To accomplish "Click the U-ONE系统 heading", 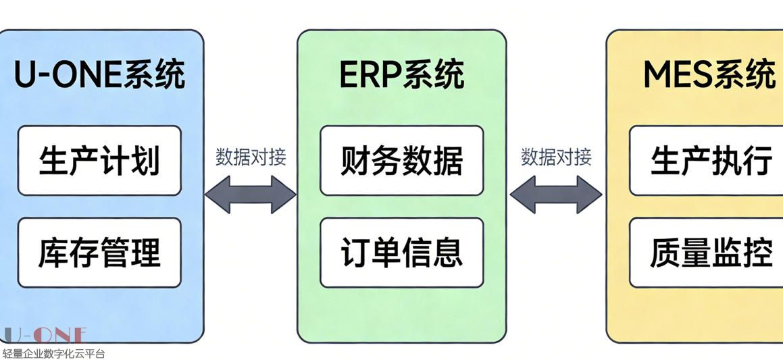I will click(x=100, y=74).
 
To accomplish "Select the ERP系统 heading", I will click(x=402, y=74).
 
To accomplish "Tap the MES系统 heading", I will click(x=709, y=74).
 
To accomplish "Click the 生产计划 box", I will click(x=99, y=161).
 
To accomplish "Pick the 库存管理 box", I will click(x=99, y=252).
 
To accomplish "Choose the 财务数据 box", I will click(x=402, y=161).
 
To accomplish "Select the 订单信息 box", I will click(x=402, y=252).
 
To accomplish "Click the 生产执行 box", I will click(x=707, y=161).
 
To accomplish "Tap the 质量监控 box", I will click(x=707, y=252).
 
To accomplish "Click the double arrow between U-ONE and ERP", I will click(x=251, y=195).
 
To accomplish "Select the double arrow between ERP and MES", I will click(x=556, y=195).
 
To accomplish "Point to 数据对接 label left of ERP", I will click(x=251, y=157).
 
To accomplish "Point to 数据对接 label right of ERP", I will click(x=556, y=157).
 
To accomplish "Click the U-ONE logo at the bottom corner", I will click(x=45, y=336).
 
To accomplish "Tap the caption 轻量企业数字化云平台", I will click(x=53, y=353).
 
